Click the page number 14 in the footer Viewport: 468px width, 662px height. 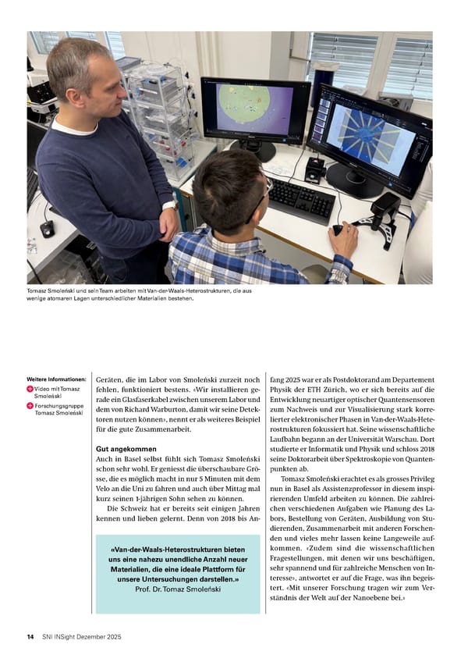[x=30, y=637]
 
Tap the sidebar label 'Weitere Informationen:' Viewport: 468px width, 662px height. [x=56, y=380]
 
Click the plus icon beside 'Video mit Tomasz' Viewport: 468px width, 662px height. [x=30, y=390]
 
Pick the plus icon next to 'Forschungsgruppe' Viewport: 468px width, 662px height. [x=30, y=406]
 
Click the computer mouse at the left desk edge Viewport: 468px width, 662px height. [x=48, y=228]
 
